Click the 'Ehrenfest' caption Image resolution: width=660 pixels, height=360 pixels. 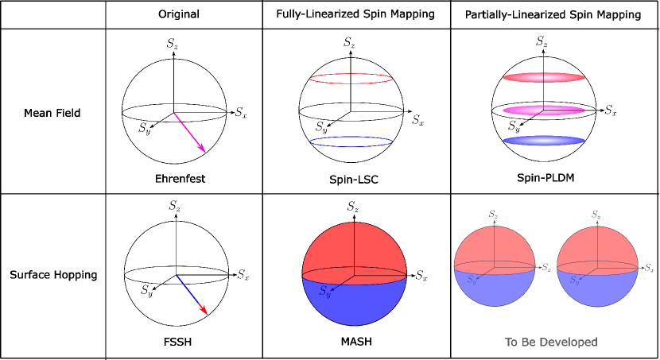(181, 178)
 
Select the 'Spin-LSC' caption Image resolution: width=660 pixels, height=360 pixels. (355, 180)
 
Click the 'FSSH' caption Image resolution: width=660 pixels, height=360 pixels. (180, 343)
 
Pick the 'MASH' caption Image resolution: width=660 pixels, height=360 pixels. (355, 343)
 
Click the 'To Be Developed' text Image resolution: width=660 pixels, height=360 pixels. (551, 343)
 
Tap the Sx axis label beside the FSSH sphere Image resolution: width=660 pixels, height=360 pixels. (242, 274)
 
